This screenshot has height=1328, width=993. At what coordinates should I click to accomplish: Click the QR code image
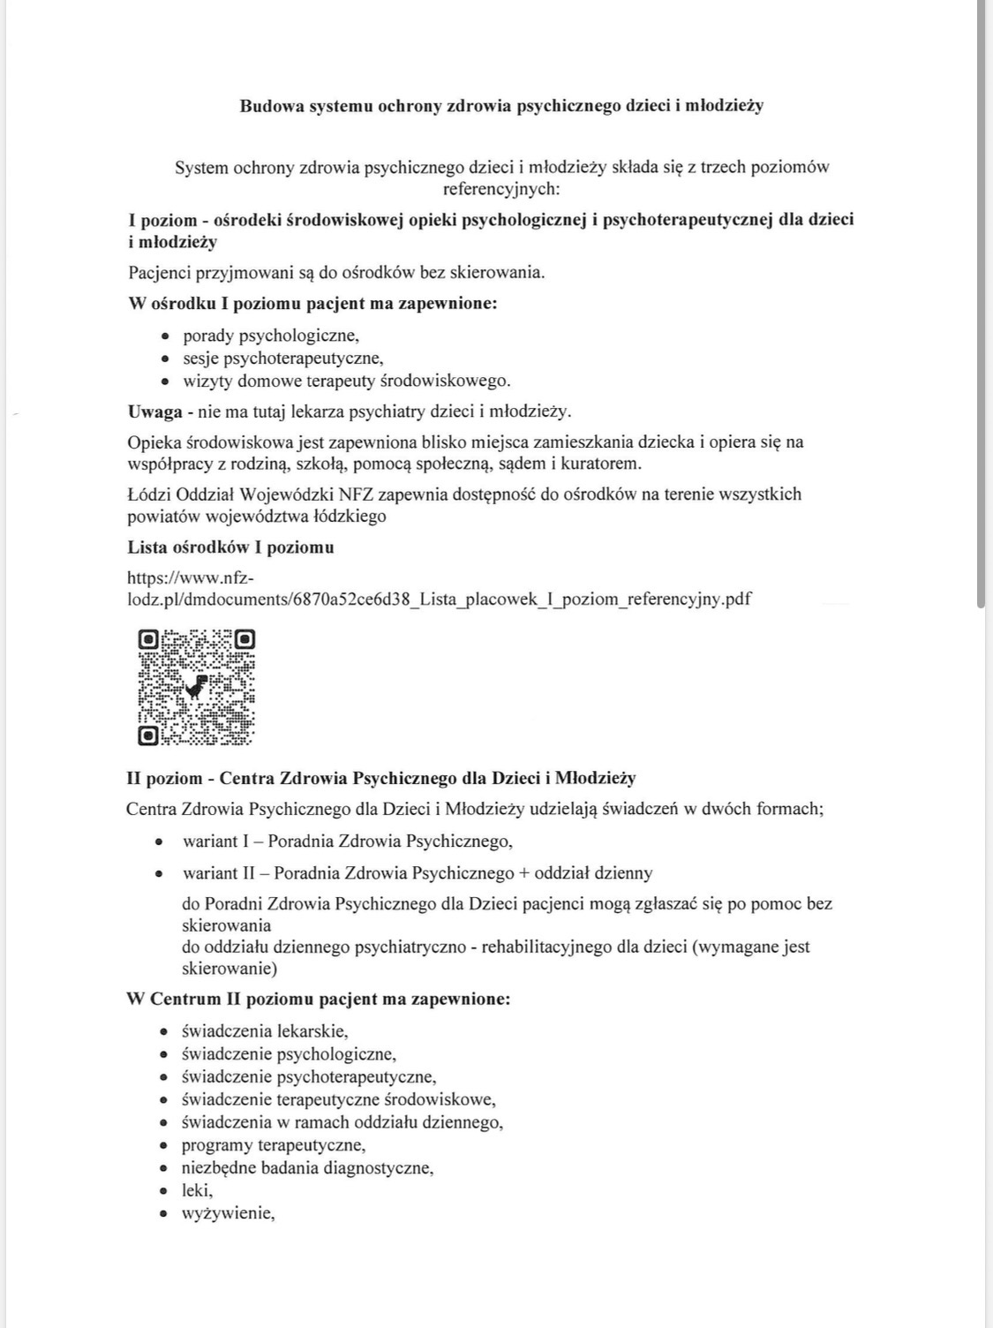[196, 687]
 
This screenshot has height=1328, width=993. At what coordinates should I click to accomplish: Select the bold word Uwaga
[155, 411]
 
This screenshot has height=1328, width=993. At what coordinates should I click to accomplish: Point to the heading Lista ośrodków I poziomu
[230, 547]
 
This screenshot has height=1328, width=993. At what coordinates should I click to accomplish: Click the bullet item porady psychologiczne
[271, 336]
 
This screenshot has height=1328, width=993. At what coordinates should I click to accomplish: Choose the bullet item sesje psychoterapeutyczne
[282, 358]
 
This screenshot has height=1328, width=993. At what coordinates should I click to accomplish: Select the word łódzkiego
[350, 517]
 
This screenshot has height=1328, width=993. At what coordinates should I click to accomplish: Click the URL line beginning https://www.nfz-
[191, 578]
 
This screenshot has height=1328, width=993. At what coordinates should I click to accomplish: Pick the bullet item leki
[197, 1190]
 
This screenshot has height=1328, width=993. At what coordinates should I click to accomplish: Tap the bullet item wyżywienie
[228, 1213]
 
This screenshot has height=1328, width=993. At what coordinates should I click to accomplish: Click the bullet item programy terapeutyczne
[273, 1145]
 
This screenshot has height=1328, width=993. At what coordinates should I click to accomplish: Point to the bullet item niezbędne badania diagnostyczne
[307, 1168]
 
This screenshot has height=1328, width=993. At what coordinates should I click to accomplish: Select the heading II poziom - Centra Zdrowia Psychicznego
[381, 779]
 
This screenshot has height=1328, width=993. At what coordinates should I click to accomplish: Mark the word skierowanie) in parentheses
[229, 969]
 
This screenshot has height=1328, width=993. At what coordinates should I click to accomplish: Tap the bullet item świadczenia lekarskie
[265, 1031]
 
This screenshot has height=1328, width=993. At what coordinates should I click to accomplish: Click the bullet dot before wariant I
[159, 841]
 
